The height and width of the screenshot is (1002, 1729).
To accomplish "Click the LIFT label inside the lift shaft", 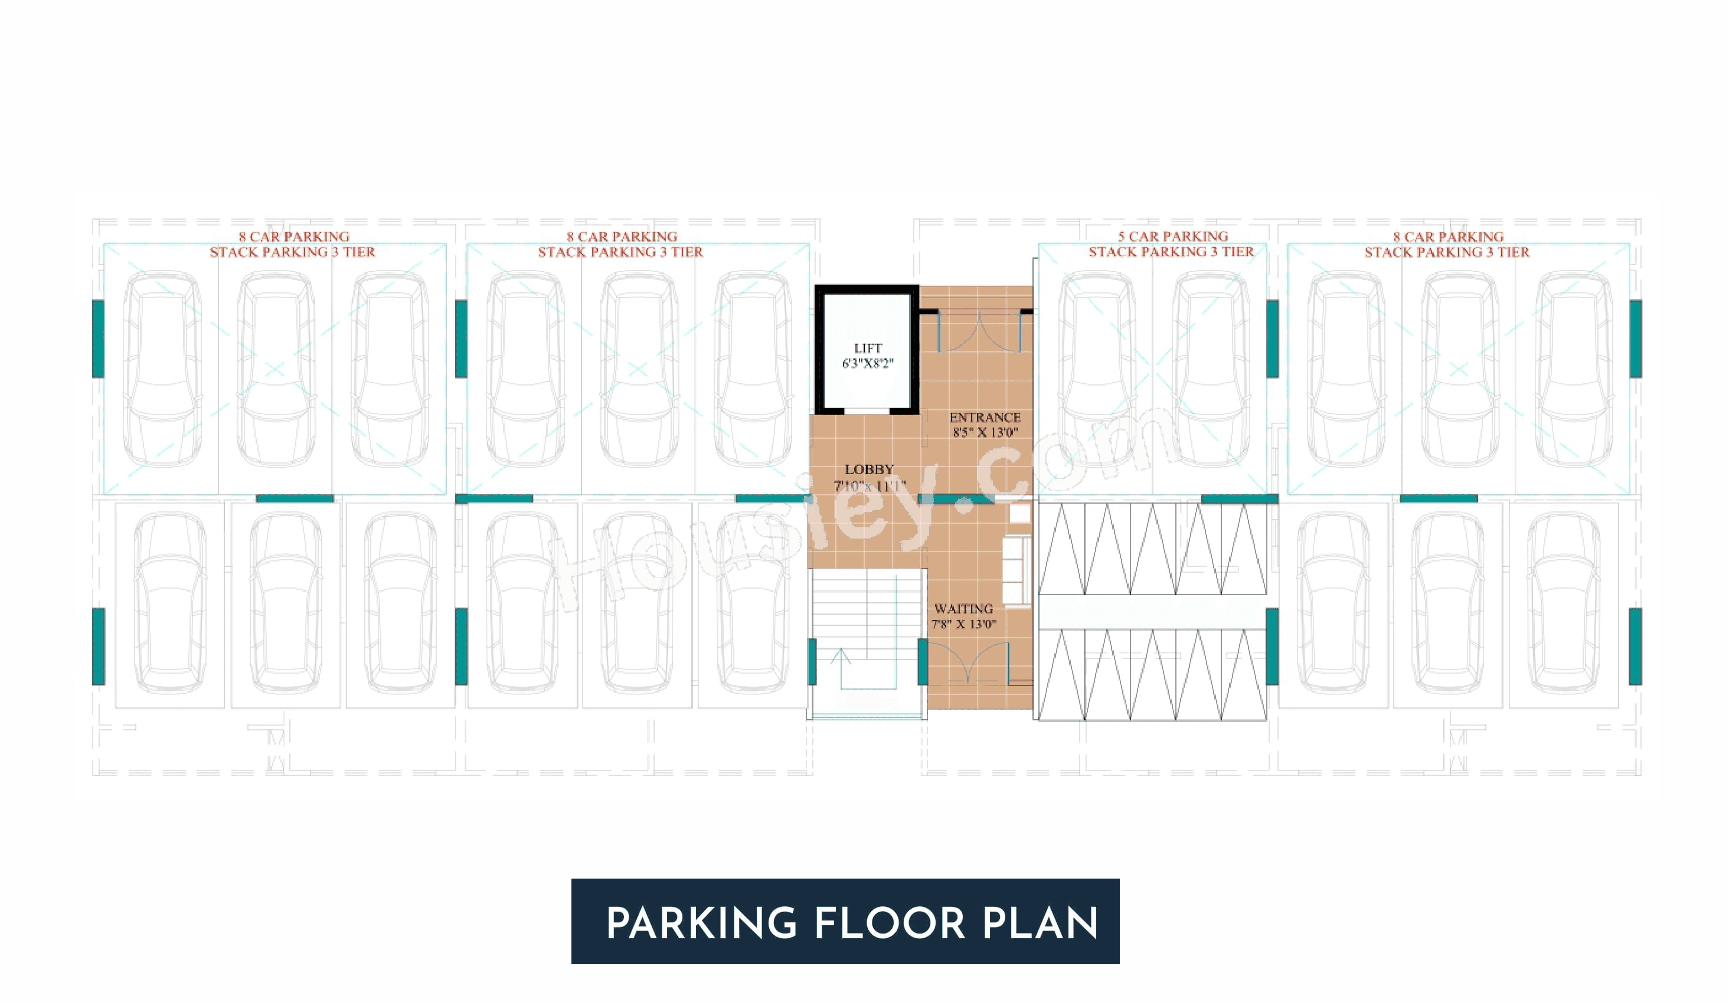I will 868,348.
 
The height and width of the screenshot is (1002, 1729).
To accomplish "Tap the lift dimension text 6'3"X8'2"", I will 868,364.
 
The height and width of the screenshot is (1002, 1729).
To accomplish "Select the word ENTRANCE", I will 985,417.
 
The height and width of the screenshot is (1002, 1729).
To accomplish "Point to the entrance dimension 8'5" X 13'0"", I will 985,432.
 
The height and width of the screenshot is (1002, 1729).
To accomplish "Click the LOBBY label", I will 868,469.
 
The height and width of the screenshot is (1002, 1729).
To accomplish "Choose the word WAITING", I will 963,609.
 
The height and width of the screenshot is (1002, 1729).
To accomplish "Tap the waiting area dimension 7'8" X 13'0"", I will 963,625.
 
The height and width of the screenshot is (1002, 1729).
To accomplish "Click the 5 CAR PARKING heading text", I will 1172,236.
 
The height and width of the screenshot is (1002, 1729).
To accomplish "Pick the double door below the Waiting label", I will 968,663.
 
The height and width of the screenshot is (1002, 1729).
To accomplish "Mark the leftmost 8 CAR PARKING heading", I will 293,237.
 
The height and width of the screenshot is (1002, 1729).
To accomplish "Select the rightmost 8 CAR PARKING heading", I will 1447,237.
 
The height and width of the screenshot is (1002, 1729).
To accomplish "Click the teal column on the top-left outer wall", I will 98,338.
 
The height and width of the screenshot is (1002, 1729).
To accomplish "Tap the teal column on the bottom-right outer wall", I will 1636,647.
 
